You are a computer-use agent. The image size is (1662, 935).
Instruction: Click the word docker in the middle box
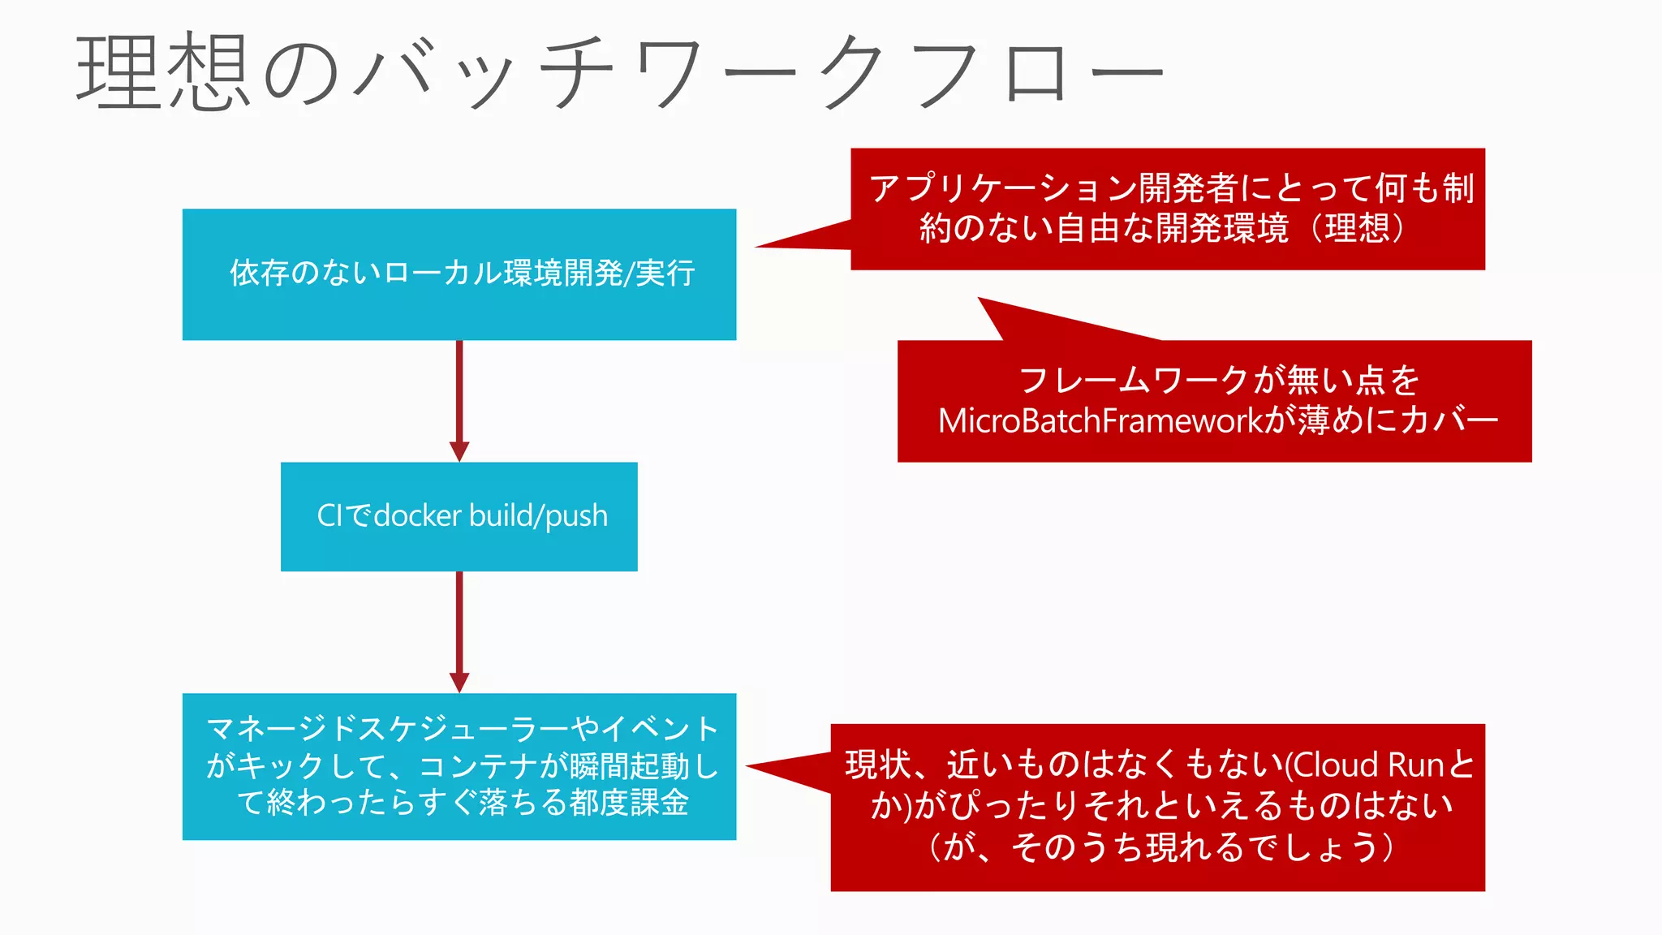click(x=418, y=516)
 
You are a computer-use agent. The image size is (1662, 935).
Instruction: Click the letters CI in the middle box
click(x=330, y=516)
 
